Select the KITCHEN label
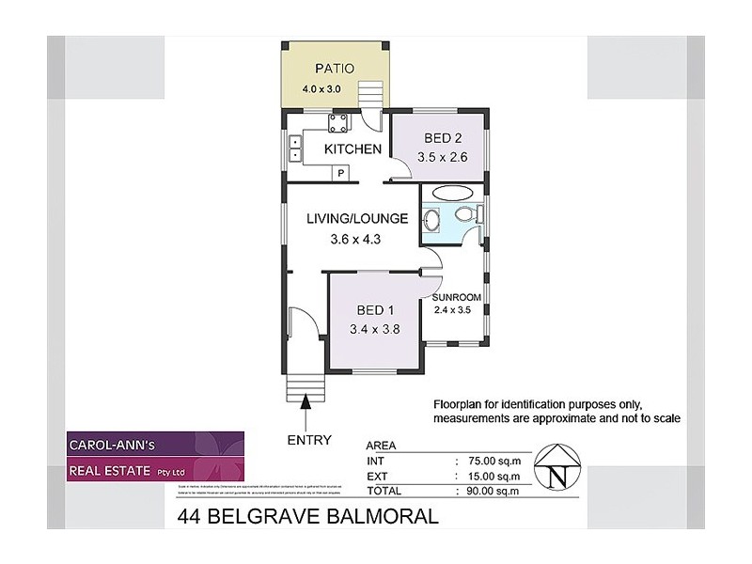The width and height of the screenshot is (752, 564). [x=352, y=149]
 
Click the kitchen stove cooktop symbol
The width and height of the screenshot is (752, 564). [x=337, y=122]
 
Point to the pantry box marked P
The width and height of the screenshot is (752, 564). [x=341, y=172]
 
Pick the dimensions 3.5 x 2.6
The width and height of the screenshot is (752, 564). [x=437, y=158]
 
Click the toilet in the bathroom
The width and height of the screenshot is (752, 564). [x=465, y=217]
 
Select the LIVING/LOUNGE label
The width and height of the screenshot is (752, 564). [x=357, y=219]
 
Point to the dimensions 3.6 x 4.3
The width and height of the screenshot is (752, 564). [x=356, y=240]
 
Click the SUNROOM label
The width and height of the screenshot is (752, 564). [x=457, y=297]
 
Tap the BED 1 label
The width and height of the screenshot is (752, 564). [x=374, y=310]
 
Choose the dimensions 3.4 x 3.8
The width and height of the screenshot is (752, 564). [x=374, y=329]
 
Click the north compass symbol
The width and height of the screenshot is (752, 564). [x=558, y=467]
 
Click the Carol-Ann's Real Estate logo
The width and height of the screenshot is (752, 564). [x=155, y=457]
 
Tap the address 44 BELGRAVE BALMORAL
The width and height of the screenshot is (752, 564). [x=307, y=517]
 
